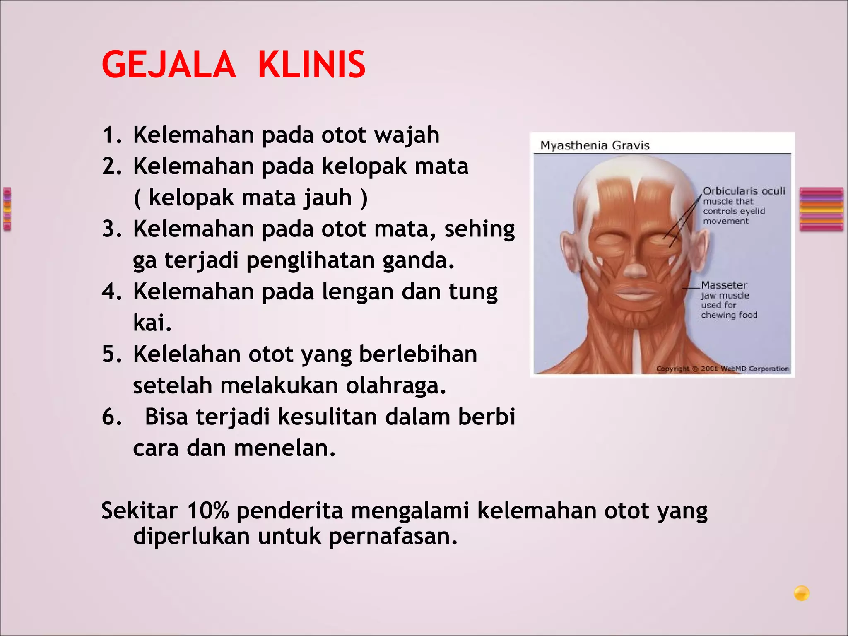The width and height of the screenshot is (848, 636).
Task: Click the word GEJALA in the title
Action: point(169,65)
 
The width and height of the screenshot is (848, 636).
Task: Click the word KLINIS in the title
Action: point(312,65)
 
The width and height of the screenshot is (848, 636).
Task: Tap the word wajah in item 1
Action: point(407,135)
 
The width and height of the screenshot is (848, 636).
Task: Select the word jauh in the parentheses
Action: point(328,198)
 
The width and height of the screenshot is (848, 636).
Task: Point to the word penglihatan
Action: point(311,261)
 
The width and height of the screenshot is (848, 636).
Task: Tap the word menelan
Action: point(284,448)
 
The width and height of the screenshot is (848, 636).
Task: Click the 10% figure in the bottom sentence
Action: point(207,511)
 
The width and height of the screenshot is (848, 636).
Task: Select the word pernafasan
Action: point(393,537)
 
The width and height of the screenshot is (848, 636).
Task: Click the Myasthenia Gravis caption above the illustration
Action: point(595,145)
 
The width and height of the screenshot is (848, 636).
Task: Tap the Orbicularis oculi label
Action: point(744,191)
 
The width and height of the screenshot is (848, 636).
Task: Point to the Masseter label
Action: point(724,285)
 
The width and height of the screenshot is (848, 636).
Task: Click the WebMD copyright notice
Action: point(723,369)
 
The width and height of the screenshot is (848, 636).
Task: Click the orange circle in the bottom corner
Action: point(802,593)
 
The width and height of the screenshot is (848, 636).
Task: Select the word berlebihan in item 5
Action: point(418,354)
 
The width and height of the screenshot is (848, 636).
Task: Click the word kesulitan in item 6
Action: point(327,417)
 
